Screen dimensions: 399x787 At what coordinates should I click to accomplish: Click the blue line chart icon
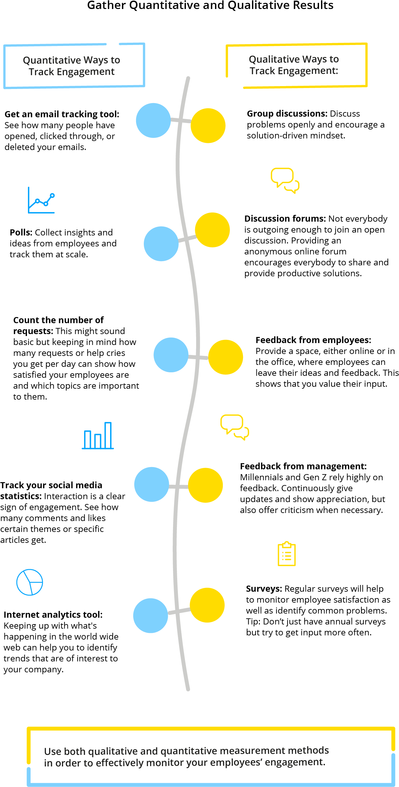coord(41,200)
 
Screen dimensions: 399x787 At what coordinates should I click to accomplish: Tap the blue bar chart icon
coord(98,436)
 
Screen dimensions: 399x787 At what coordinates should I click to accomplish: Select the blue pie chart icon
coord(30,582)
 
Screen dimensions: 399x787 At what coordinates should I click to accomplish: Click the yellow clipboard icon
coord(287,554)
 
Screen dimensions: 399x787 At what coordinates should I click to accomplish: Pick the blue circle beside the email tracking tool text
coord(153,120)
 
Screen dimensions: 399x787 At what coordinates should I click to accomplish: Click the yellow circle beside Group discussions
coord(208,126)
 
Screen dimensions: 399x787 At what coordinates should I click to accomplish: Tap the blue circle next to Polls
coord(161,244)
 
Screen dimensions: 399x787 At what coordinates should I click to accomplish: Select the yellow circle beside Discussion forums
coord(213,230)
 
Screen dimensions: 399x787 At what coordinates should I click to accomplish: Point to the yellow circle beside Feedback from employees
coord(226,357)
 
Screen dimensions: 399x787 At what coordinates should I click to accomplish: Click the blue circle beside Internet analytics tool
coord(151,616)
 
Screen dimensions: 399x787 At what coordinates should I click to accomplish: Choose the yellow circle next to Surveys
coord(207,605)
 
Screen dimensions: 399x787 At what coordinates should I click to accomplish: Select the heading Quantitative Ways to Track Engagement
coord(72,66)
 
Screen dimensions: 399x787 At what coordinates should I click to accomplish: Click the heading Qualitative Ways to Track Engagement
coord(294,65)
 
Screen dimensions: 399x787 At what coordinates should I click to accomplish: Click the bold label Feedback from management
coord(303,466)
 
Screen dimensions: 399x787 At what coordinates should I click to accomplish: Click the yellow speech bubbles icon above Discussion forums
coord(285,181)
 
